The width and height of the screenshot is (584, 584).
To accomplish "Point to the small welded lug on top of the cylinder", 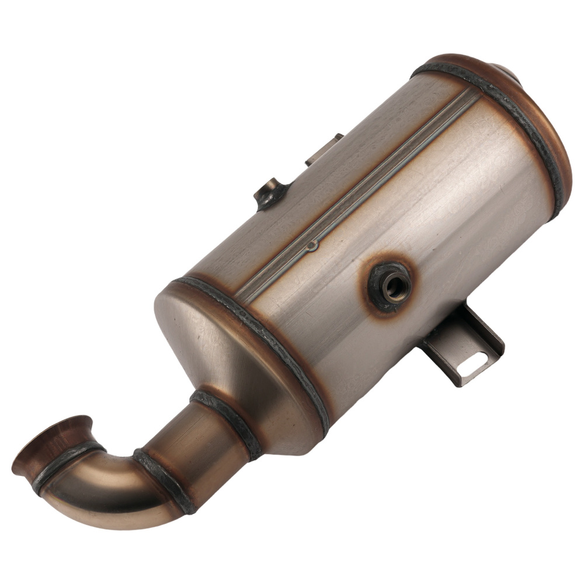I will click(270, 193).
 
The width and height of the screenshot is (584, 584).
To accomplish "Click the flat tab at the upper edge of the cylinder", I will click(324, 149).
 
